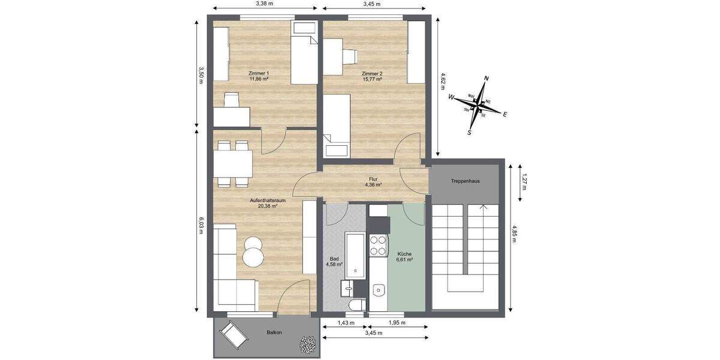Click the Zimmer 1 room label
(x=259, y=74)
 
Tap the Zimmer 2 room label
(x=372, y=74)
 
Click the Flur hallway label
(x=373, y=179)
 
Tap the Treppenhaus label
(x=465, y=181)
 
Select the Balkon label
(x=274, y=332)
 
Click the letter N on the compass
(x=487, y=79)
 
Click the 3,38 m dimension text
(x=264, y=4)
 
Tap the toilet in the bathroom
(x=356, y=304)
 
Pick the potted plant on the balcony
(x=308, y=344)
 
